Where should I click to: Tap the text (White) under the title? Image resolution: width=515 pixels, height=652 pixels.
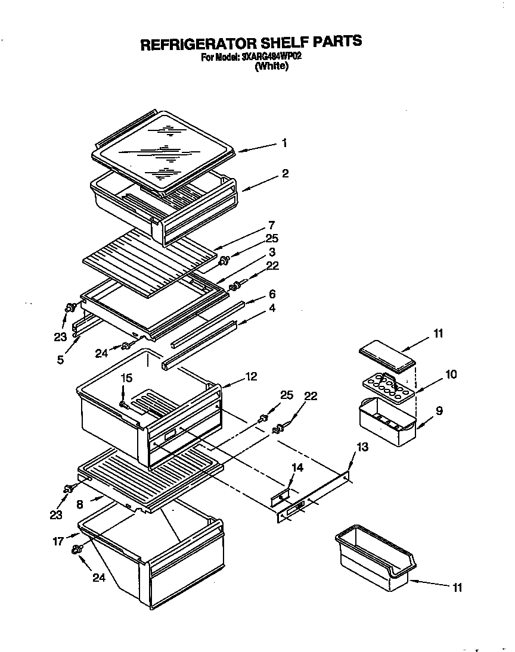point(271,67)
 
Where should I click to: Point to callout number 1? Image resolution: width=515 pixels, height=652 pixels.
point(284,143)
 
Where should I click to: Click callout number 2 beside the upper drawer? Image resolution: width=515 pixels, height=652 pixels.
point(285,173)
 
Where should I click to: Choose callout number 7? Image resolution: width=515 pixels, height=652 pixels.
point(271,224)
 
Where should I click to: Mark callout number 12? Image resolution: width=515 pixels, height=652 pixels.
point(251,376)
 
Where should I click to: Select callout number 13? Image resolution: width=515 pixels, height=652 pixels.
point(362,447)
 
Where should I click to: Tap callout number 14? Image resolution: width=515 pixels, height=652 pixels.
point(297,468)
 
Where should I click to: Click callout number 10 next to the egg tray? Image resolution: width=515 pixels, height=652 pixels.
point(451,374)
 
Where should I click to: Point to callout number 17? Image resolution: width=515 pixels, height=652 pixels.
point(58,542)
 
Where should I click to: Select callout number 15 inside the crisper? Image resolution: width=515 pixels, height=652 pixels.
point(126,378)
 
